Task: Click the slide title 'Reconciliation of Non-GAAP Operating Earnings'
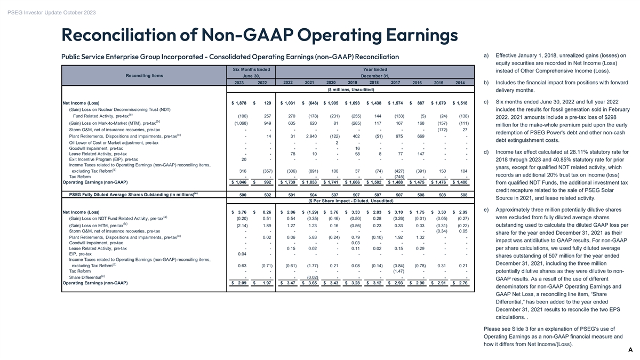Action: [260, 35]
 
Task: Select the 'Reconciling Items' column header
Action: [145, 75]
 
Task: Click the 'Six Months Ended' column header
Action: [252, 69]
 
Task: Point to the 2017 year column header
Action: [396, 82]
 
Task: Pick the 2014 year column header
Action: [460, 83]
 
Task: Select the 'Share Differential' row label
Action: [87, 277]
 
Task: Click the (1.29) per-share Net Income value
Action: [310, 212]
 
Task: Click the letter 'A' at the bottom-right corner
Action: [630, 349]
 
